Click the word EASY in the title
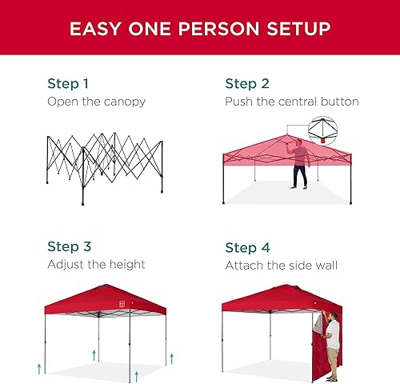coord(95,30)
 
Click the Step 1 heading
coord(68,83)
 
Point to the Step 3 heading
coord(68,246)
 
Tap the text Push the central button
coord(291,102)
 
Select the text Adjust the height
coord(96,264)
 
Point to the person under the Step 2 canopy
coord(299,165)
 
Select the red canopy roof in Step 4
coord(280,298)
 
